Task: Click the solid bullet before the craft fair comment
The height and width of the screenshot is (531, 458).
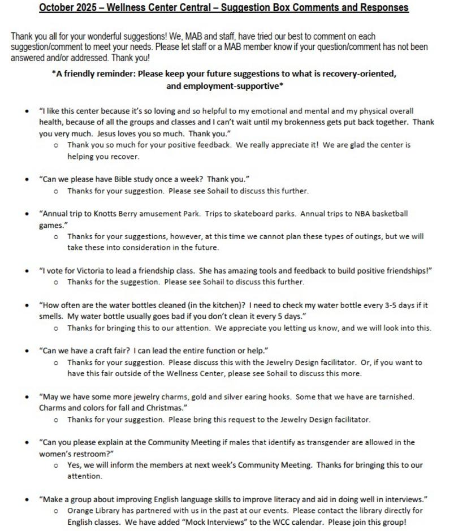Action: (27, 351)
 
